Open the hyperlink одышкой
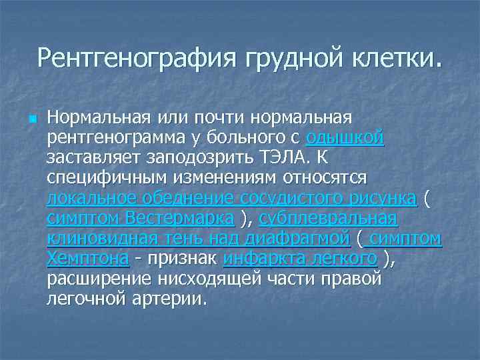click(x=345, y=138)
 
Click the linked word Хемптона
click(x=87, y=258)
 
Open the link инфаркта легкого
click(x=301, y=258)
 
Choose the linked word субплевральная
click(x=328, y=218)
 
